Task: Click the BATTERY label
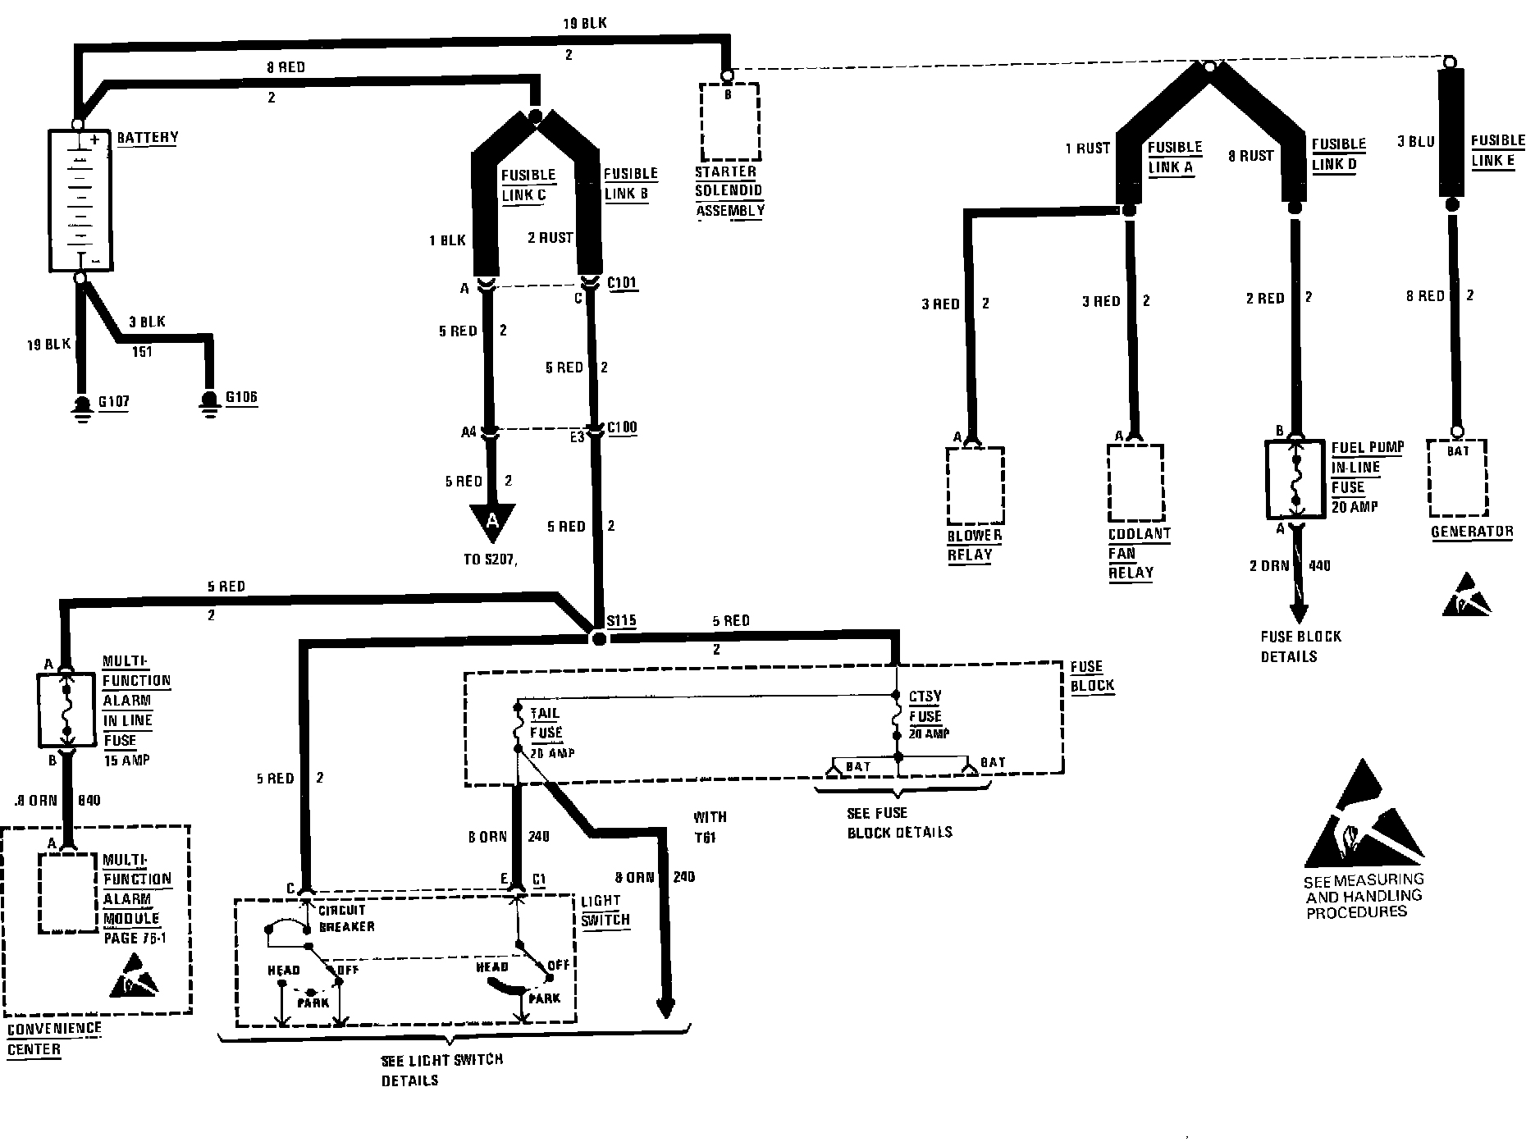point(147,137)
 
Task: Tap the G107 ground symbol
point(81,407)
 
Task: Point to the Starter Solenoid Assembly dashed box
point(729,121)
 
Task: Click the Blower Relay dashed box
point(975,485)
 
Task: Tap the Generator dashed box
point(1458,478)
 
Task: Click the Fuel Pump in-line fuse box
point(1295,479)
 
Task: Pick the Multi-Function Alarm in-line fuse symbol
point(66,710)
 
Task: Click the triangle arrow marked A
point(492,522)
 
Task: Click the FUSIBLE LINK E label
point(1497,150)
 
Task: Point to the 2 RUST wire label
point(550,238)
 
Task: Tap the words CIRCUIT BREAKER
point(346,918)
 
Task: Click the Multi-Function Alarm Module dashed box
point(68,892)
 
